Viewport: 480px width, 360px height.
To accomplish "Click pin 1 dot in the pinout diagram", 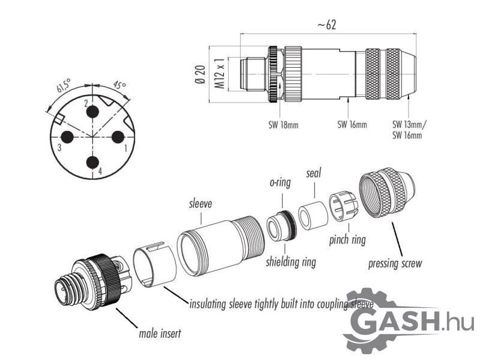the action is point(118,137).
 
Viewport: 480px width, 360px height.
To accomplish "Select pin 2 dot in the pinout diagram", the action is point(92,112).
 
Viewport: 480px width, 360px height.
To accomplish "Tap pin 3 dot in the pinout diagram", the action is point(67,137).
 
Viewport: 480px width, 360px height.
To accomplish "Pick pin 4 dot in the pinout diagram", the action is point(92,162).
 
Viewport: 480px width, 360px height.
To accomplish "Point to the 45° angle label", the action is point(119,85).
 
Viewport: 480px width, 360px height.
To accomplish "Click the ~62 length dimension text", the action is point(326,25).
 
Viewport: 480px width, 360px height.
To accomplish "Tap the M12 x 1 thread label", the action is point(220,73).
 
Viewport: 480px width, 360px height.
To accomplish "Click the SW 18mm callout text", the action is point(283,125).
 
